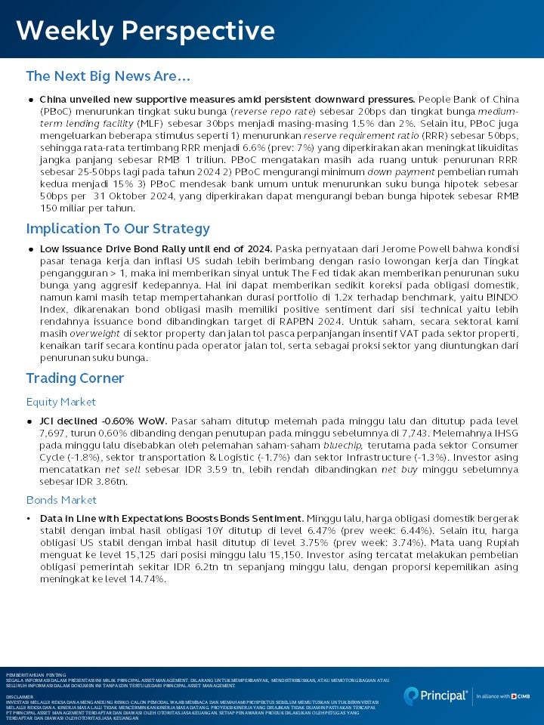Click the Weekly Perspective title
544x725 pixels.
(145, 31)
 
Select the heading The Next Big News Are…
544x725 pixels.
(107, 76)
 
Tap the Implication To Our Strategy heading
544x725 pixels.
(118, 229)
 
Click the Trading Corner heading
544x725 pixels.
(75, 378)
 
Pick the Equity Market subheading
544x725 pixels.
(61, 402)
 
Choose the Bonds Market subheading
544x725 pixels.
(61, 500)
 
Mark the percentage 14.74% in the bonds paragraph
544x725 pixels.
(144, 579)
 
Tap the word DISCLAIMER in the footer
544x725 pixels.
(20, 697)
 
